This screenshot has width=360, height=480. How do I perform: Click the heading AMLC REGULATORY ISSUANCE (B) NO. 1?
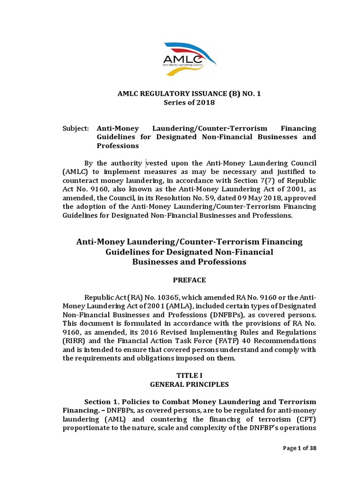(189, 94)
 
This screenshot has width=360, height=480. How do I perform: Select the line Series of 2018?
(189, 103)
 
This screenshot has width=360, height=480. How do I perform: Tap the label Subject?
(76, 128)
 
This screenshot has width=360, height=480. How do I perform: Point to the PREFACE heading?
(189, 280)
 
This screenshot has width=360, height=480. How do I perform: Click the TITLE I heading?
(189, 375)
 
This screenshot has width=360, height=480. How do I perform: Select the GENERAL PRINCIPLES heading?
(189, 384)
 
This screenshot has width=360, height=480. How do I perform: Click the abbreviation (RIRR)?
(74, 340)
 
